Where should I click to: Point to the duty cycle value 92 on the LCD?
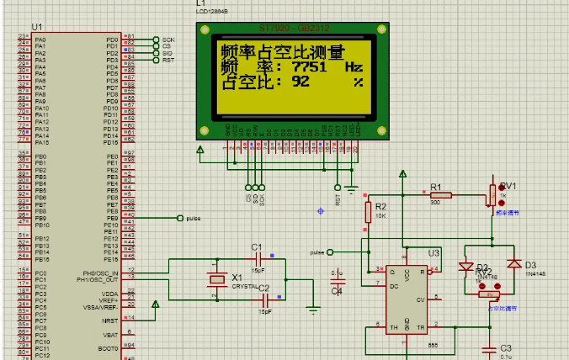[x=300, y=82]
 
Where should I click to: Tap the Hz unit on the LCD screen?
[x=354, y=66]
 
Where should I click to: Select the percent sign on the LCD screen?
[x=359, y=82]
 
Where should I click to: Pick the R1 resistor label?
[x=435, y=186]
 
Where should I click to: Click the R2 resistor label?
[x=380, y=206]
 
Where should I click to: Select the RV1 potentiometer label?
[x=508, y=186]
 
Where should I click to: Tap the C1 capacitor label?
[x=258, y=246]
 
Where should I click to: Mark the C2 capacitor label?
[x=263, y=289]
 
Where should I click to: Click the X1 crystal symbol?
[x=218, y=279]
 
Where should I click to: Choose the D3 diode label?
[x=529, y=266]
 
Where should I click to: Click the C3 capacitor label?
[x=505, y=348]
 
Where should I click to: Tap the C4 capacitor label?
[x=337, y=291]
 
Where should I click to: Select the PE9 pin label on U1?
[x=111, y=218]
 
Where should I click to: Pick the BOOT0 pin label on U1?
[x=108, y=348]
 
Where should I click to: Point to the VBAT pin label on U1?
[x=110, y=335]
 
